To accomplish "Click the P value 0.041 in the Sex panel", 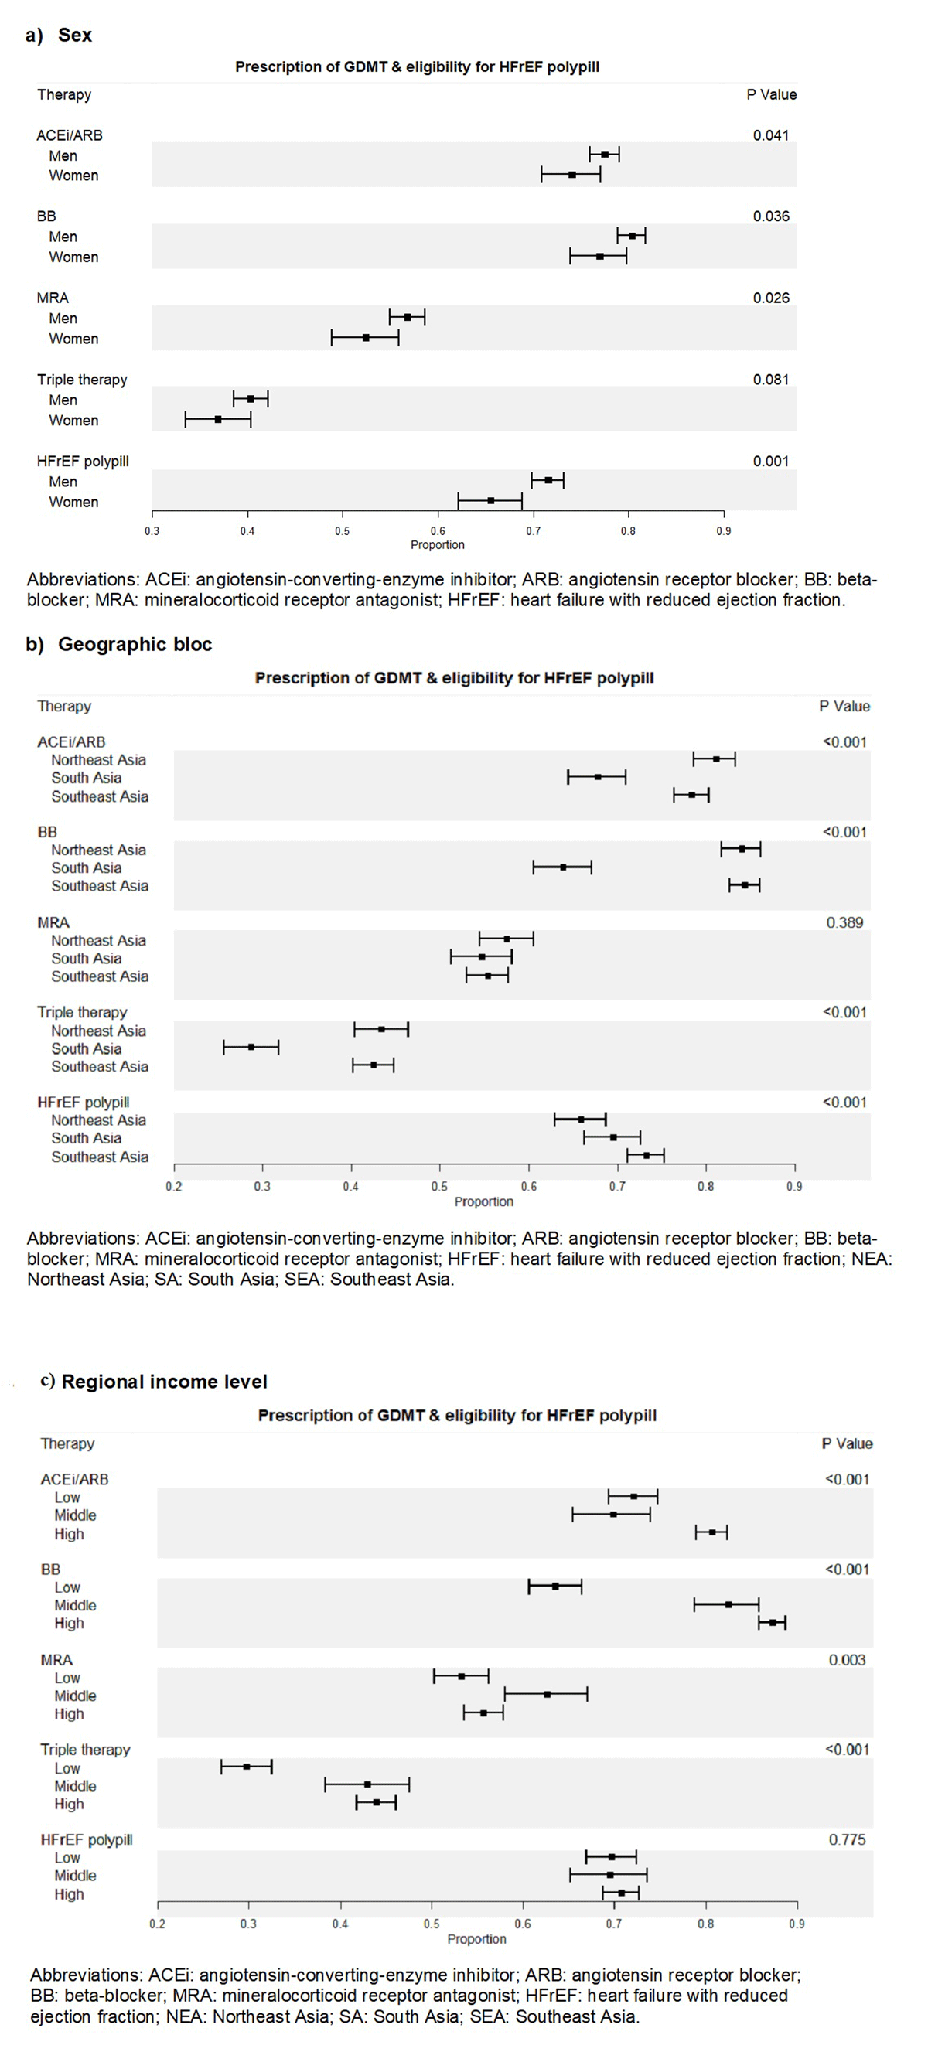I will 770,135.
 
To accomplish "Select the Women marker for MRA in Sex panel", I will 366,338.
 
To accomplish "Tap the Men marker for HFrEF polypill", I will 548,480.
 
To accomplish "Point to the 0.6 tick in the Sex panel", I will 438,530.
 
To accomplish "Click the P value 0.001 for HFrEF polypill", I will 770,461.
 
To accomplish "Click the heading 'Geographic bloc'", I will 135,644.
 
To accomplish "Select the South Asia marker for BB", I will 563,867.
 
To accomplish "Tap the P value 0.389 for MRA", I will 844,922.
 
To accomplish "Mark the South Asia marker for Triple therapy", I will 251,1046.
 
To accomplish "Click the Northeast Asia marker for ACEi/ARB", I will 717,758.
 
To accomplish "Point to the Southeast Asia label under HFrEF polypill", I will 99,1157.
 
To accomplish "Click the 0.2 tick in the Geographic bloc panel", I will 174,1186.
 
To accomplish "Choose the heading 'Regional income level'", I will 164,1382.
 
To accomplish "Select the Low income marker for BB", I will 555,1586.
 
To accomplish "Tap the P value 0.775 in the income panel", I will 847,1839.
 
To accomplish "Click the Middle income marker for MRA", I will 547,1695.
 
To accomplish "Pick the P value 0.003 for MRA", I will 847,1660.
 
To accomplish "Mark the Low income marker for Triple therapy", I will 247,1767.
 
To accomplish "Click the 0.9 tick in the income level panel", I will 797,1924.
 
